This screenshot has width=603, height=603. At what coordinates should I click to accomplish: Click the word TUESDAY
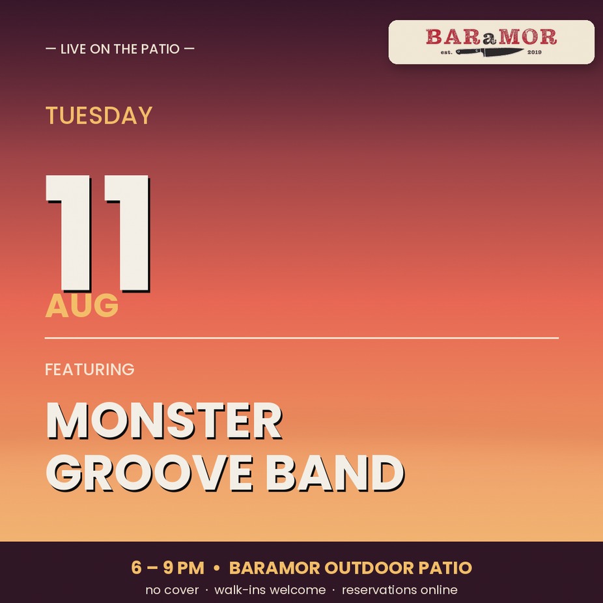click(x=99, y=115)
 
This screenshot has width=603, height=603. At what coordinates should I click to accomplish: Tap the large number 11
click(x=98, y=233)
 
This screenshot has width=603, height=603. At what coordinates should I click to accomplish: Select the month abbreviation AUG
click(x=81, y=305)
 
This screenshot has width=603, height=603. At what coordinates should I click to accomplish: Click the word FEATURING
click(x=90, y=369)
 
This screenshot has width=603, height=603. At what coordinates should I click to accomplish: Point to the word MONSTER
click(x=164, y=421)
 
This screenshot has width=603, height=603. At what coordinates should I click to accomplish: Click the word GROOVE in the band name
click(x=150, y=473)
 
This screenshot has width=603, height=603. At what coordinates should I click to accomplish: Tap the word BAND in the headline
click(x=335, y=473)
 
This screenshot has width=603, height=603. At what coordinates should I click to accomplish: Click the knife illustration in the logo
click(x=489, y=52)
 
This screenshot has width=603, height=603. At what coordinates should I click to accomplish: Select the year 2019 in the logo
click(x=534, y=52)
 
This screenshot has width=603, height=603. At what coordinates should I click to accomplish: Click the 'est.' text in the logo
click(x=447, y=52)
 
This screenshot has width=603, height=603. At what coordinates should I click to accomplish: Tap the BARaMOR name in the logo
click(x=491, y=37)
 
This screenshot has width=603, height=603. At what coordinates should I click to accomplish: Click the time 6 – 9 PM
click(x=167, y=568)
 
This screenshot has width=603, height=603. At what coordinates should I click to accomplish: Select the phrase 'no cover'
click(x=172, y=589)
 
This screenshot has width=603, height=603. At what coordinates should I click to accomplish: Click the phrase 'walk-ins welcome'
click(x=270, y=589)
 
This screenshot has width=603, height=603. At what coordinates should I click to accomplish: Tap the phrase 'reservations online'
click(x=400, y=589)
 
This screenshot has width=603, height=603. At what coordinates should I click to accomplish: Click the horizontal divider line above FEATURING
click(x=301, y=338)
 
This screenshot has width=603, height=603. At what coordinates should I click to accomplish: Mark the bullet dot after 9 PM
click(x=216, y=568)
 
